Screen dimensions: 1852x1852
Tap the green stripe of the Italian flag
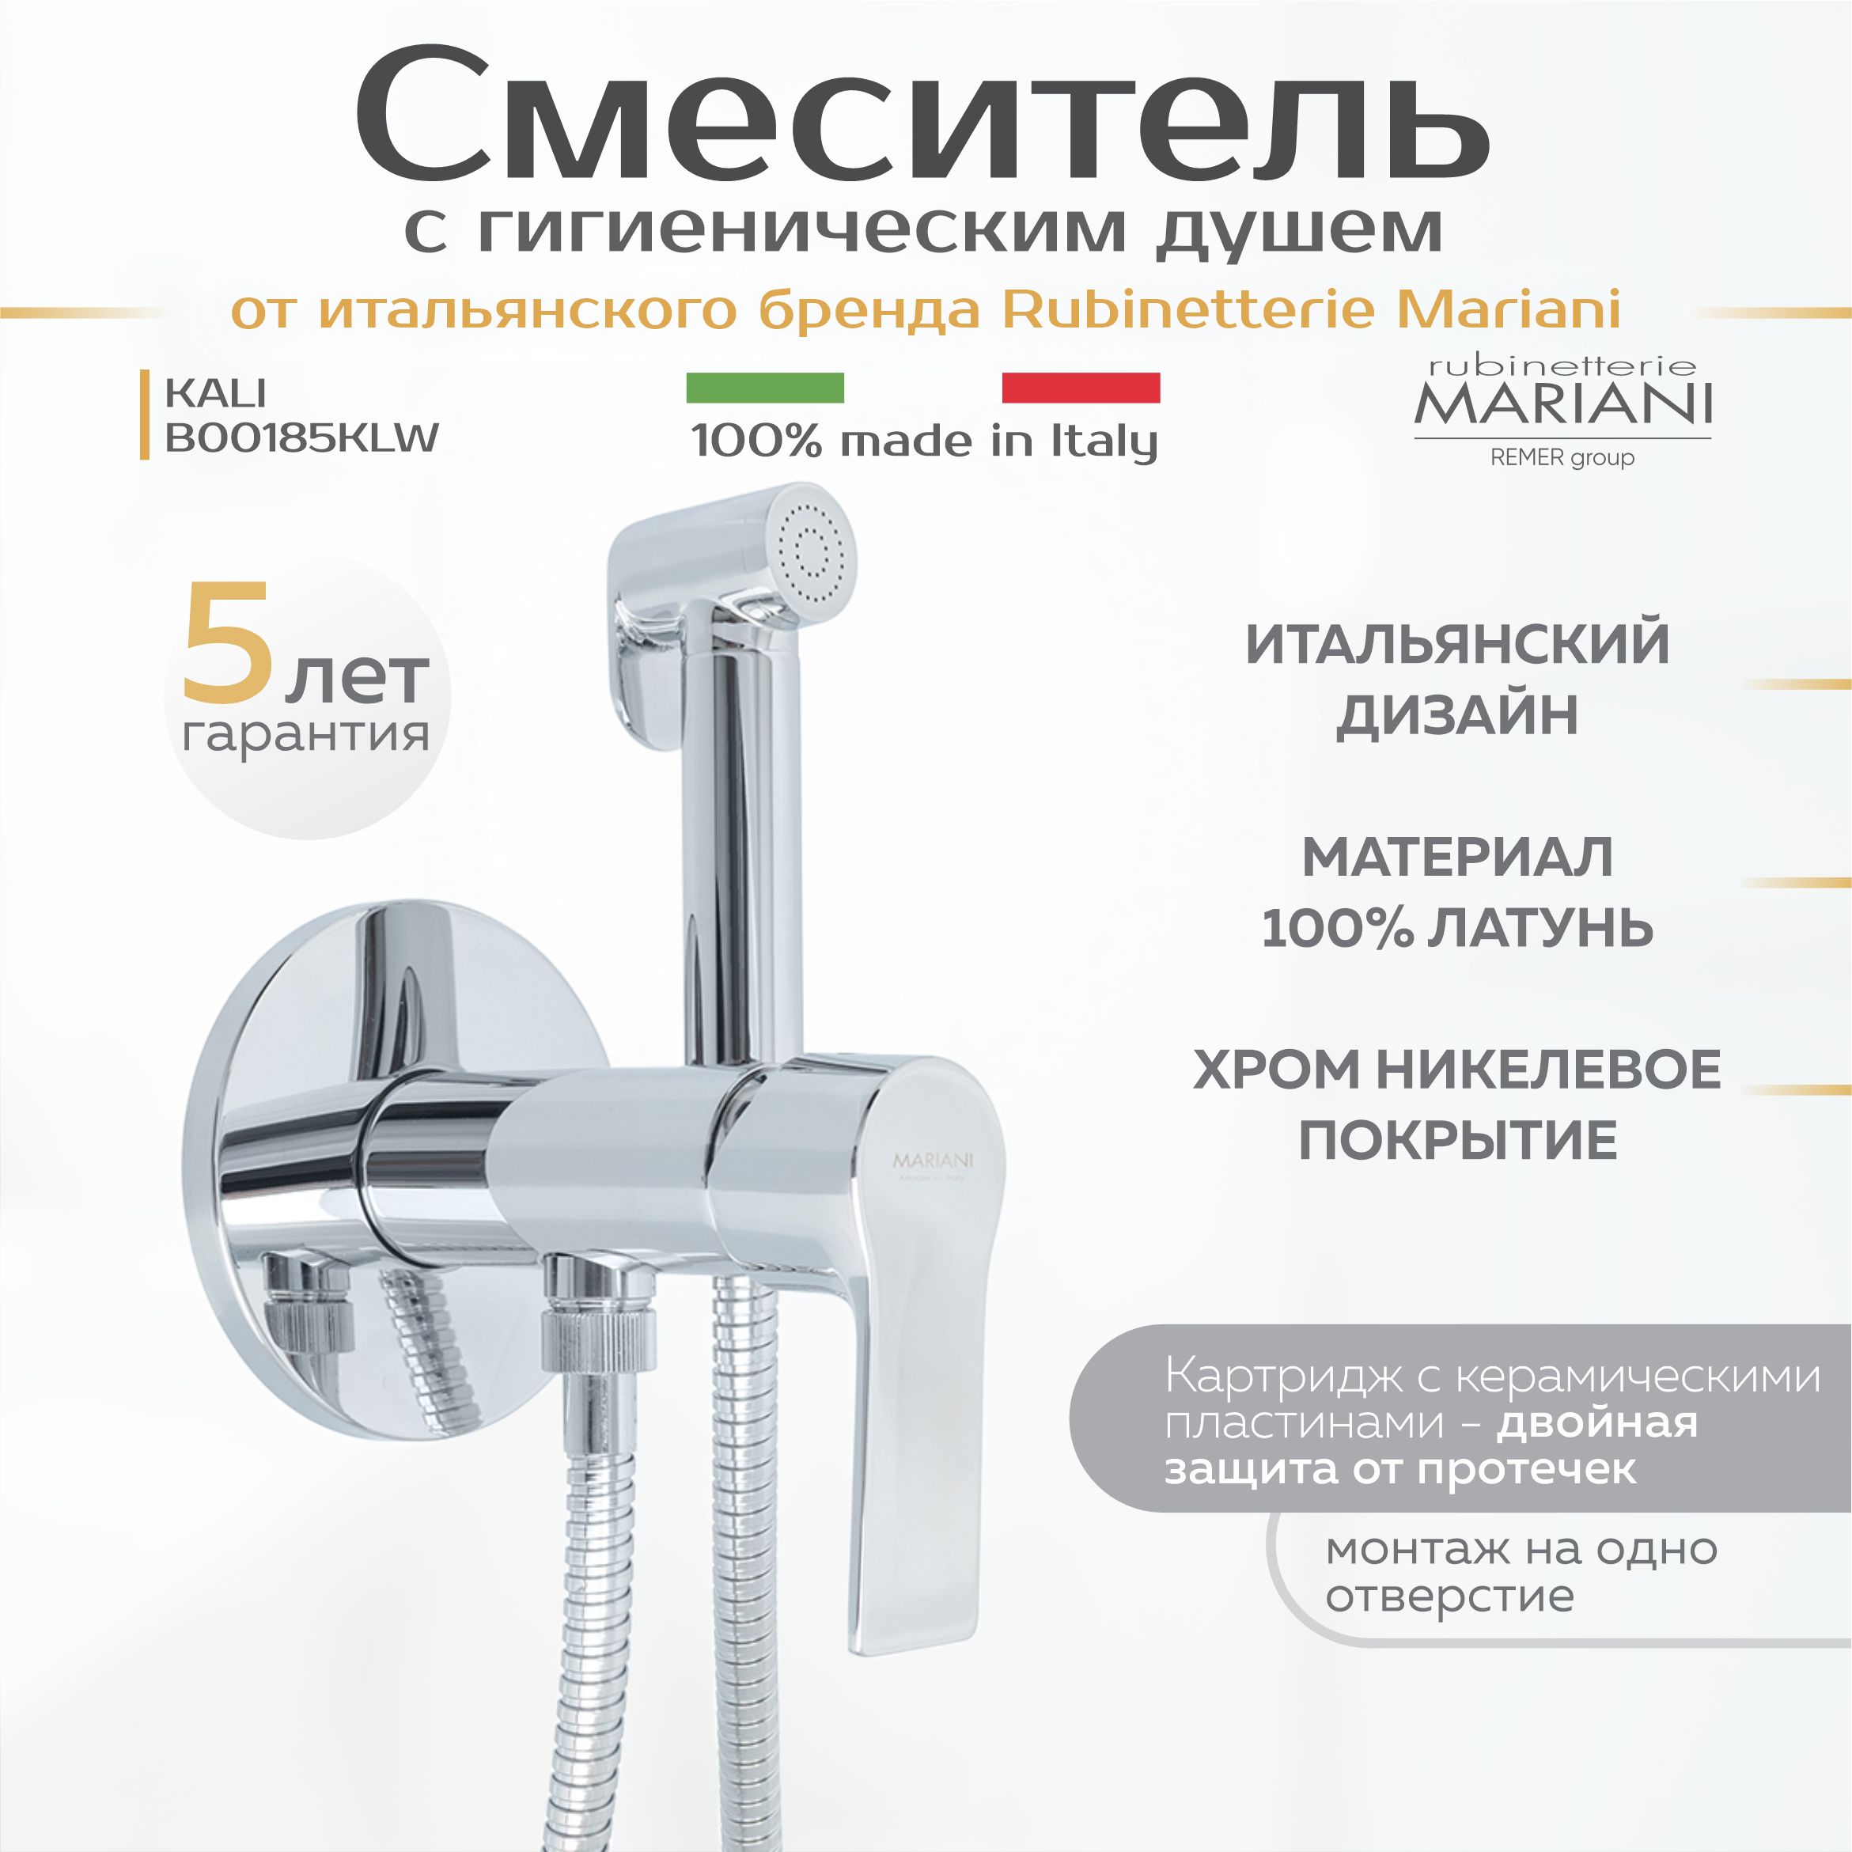click(x=765, y=388)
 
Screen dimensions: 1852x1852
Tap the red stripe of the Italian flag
click(x=1081, y=388)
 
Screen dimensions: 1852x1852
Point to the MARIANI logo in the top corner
click(x=1562, y=403)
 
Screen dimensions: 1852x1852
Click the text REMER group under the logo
click(x=1562, y=458)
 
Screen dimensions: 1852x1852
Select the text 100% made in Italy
click(x=924, y=441)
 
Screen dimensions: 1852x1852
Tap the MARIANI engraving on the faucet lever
click(x=933, y=1161)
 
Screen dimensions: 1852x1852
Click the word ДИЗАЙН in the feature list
click(x=1457, y=715)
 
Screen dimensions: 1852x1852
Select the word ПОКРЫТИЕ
click(x=1458, y=1141)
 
